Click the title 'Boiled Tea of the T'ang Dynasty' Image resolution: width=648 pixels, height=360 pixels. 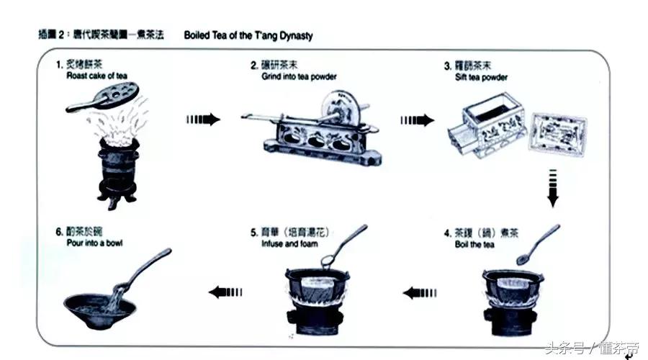(x=248, y=35)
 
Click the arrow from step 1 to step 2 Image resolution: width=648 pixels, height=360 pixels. (x=202, y=120)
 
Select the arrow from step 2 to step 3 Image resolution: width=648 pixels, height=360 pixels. (x=418, y=120)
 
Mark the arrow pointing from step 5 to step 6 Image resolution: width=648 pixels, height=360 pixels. (x=225, y=292)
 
